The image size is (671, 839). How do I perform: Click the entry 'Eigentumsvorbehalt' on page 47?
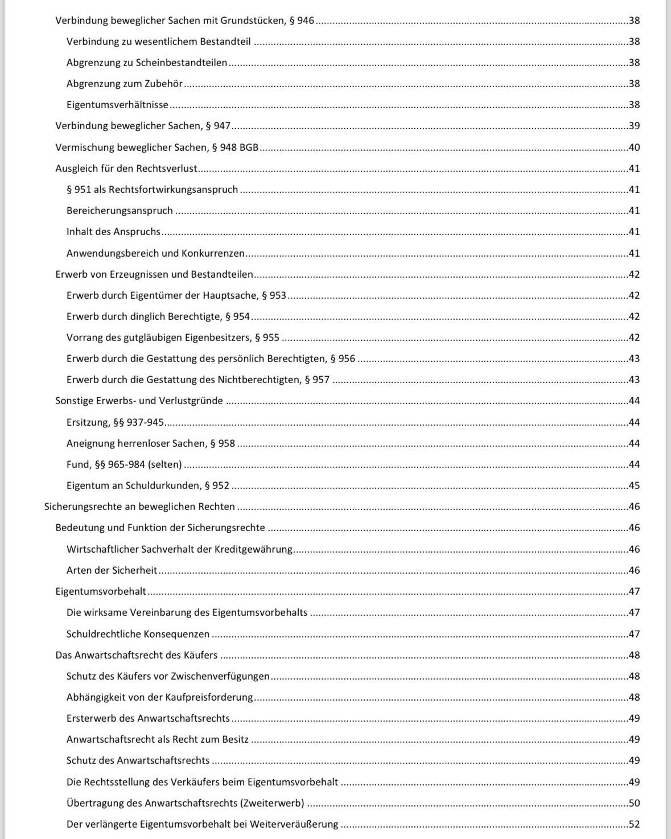[101, 591]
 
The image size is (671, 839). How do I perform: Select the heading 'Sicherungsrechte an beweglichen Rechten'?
[139, 507]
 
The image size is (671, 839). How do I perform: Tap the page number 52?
[634, 824]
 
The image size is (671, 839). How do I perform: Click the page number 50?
[634, 803]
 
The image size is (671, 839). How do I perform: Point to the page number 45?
[634, 486]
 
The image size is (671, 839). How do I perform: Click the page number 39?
[634, 126]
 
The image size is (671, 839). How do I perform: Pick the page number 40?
[634, 147]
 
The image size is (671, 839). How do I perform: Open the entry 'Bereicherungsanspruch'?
[120, 211]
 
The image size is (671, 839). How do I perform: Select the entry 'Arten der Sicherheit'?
[112, 570]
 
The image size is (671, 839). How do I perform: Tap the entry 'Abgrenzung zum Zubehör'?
[125, 84]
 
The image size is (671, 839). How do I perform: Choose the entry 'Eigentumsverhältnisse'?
[117, 105]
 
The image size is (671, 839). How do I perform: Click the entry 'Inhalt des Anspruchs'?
[113, 232]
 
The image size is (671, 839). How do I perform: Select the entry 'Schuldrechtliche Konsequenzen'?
[138, 634]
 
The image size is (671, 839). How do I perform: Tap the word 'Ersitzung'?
[88, 422]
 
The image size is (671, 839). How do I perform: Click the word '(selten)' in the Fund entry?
[164, 464]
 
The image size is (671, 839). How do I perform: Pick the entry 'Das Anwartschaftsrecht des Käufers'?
[137, 655]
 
